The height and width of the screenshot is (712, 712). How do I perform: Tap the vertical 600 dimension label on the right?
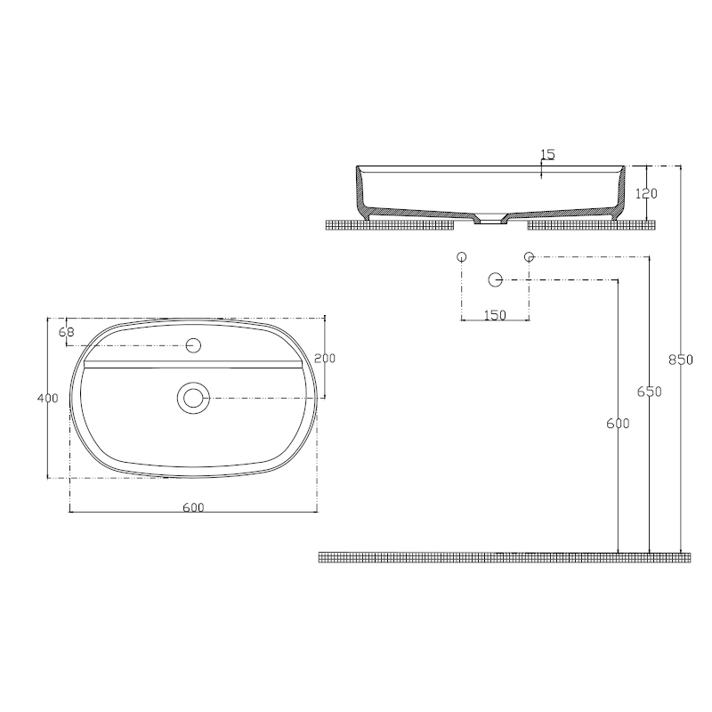click(x=611, y=424)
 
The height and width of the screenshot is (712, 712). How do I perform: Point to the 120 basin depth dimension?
click(x=646, y=193)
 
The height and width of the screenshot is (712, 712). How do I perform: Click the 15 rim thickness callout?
click(x=547, y=155)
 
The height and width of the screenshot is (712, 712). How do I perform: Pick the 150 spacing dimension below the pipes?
click(x=495, y=315)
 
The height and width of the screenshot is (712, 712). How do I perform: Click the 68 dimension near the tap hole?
click(x=66, y=333)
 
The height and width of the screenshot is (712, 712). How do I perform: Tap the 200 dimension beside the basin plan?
click(x=325, y=358)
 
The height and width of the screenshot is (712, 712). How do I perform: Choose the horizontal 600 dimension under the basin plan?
click(x=193, y=507)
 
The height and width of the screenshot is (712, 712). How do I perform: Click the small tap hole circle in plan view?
click(x=193, y=345)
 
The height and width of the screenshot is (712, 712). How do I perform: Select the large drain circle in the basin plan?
click(x=192, y=397)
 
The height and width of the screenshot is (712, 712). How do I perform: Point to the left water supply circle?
click(x=461, y=257)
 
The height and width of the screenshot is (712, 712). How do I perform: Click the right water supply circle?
click(x=529, y=257)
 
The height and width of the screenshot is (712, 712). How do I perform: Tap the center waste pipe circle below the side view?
click(x=495, y=279)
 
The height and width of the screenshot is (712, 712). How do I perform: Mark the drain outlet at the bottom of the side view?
click(x=489, y=219)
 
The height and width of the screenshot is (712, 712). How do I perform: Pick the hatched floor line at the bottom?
click(x=504, y=557)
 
